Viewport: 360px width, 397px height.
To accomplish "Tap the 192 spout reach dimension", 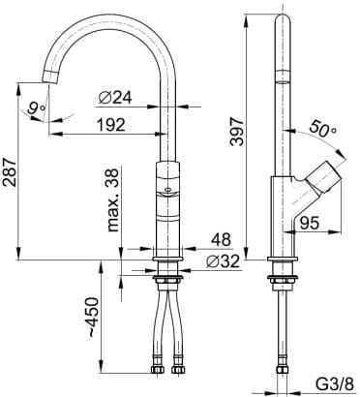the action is coord(110,124).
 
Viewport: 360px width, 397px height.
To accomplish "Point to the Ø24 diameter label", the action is coord(115,97).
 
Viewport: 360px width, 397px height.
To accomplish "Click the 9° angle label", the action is coord(36,108).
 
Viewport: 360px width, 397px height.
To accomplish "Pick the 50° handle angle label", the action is coord(322,129).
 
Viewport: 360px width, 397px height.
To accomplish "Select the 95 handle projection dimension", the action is coord(310,223).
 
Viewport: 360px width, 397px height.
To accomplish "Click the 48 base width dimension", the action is coord(222,239).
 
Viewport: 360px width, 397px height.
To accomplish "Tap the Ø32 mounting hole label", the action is coord(224,261).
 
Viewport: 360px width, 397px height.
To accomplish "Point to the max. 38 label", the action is coord(113,200).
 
